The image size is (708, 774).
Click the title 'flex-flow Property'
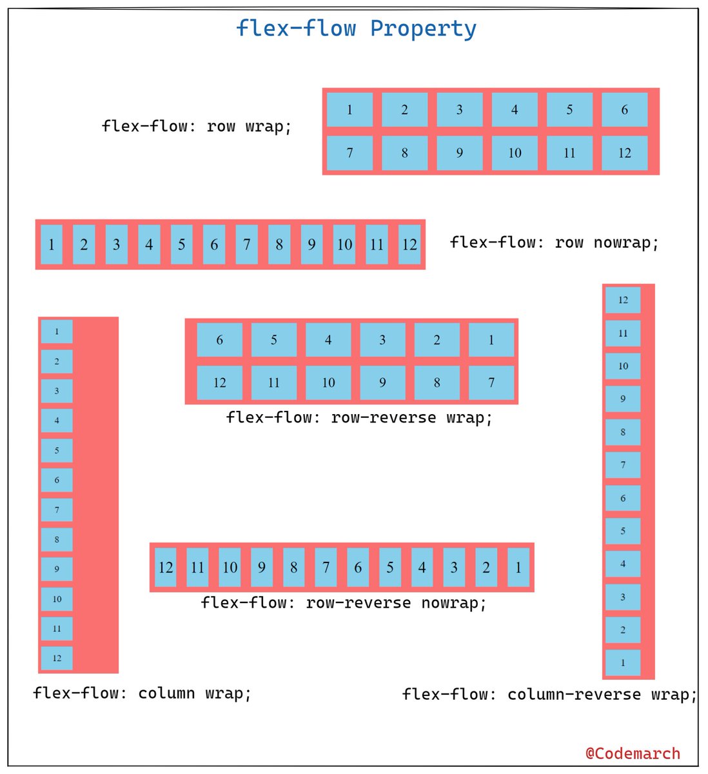click(356, 29)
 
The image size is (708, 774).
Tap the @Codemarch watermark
click(633, 753)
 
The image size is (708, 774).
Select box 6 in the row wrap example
click(624, 110)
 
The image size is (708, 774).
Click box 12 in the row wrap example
click(624, 153)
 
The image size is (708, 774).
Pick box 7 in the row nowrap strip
click(246, 244)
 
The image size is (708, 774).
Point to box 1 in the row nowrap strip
click(52, 244)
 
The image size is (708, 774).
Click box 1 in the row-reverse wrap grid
click(491, 340)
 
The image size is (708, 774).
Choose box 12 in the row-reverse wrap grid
click(219, 382)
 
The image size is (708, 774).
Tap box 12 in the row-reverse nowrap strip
click(166, 568)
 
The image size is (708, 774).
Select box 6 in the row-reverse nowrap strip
click(358, 568)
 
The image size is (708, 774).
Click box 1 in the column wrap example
click(57, 332)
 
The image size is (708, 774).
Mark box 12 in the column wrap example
click(57, 658)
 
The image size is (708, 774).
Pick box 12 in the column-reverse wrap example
click(623, 300)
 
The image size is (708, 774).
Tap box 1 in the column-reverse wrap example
click(623, 662)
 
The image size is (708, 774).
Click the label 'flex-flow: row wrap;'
click(196, 126)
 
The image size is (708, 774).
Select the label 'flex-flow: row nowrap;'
click(554, 243)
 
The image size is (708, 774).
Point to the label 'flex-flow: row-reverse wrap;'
click(359, 417)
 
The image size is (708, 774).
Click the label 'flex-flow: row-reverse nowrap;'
click(343, 603)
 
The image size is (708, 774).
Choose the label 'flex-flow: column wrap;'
click(142, 693)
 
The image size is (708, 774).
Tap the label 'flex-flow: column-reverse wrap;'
click(549, 695)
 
